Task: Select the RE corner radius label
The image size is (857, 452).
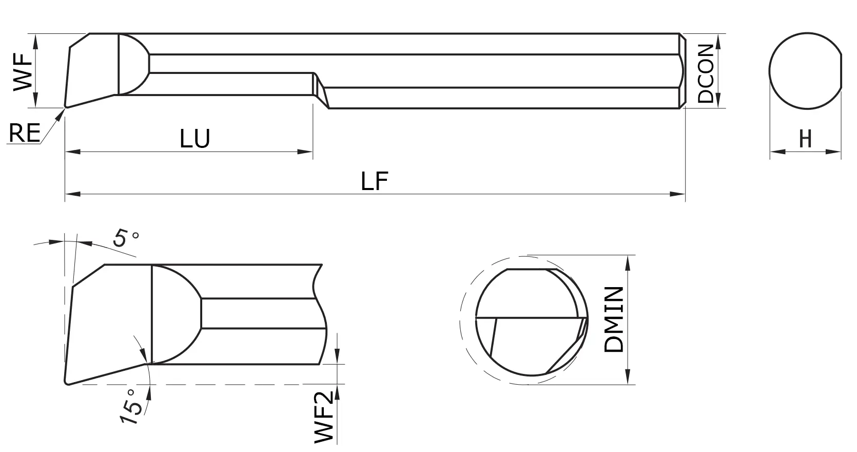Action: click(x=24, y=134)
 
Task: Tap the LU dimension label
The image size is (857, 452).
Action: click(x=195, y=139)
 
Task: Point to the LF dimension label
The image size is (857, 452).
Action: click(x=375, y=181)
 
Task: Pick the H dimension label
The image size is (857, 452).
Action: click(x=805, y=139)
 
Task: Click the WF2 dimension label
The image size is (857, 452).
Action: click(x=324, y=416)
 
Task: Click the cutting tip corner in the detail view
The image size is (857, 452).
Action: click(x=67, y=382)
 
